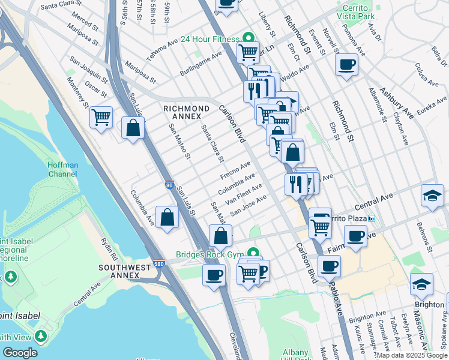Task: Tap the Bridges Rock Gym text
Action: (x=208, y=254)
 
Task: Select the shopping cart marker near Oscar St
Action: (x=101, y=116)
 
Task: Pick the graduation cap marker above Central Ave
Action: (x=432, y=196)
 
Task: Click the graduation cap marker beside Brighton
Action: (x=421, y=286)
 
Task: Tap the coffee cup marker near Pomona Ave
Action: (x=346, y=65)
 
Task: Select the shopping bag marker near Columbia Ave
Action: (x=167, y=217)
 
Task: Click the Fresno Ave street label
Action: (x=235, y=170)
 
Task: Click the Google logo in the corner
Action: (x=20, y=353)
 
